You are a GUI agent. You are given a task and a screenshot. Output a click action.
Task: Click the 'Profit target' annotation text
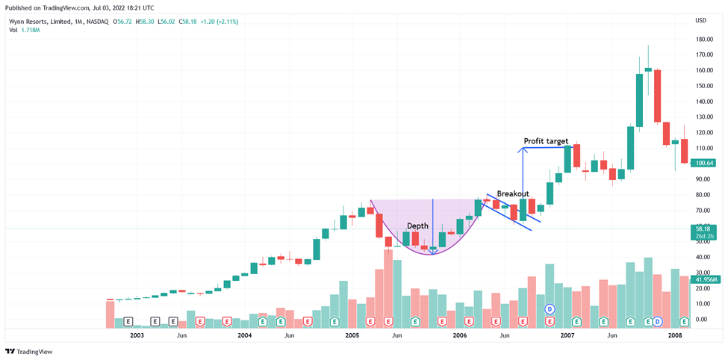546,141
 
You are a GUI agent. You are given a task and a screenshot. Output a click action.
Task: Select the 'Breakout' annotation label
513,193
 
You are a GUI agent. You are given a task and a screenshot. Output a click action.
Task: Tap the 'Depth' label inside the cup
417,226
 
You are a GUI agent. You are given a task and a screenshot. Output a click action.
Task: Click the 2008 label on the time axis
675,336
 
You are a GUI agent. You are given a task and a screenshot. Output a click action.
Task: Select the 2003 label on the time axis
137,336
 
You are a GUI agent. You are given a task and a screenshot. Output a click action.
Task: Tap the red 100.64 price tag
704,163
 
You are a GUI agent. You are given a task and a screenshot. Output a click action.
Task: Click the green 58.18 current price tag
704,229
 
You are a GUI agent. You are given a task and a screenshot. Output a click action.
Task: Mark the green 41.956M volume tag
705,280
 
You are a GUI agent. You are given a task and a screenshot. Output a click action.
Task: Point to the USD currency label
700,20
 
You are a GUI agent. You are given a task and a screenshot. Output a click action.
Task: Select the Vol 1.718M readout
24,31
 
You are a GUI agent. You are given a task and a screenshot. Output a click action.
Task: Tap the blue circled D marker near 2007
550,308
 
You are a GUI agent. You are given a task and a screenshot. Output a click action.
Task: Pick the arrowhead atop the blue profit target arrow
523,150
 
